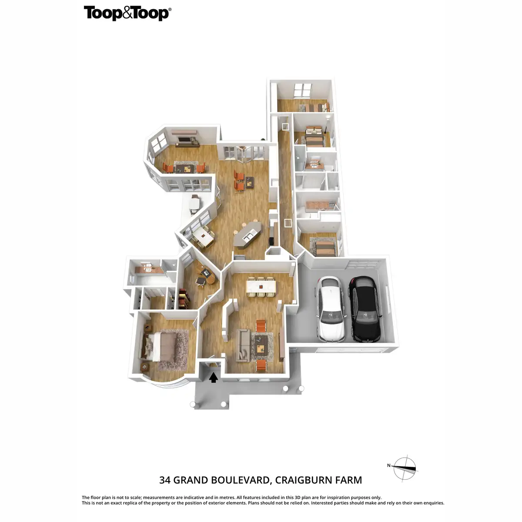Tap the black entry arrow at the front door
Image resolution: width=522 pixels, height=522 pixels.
point(213,377)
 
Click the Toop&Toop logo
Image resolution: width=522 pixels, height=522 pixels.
point(127,13)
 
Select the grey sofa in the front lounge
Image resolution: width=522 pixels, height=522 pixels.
point(243,345)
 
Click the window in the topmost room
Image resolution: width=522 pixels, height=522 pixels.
point(302,90)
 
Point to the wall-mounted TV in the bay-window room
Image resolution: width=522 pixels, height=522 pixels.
point(185,140)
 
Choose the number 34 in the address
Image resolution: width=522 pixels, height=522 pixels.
point(165,480)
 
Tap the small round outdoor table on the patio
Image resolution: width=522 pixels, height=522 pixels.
point(194,203)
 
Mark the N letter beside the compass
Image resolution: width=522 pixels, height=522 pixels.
point(389,465)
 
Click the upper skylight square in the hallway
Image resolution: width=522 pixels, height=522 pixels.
point(285,127)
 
